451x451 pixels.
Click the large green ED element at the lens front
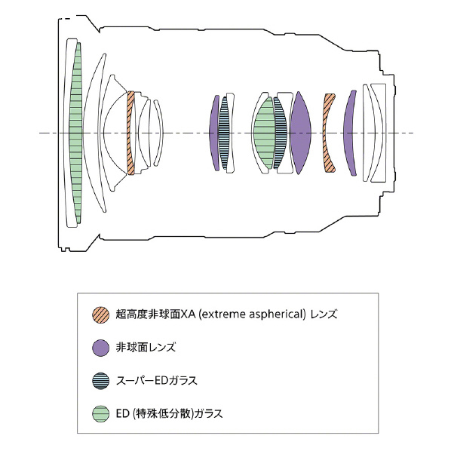click(75, 133)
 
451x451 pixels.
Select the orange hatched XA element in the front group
click(130, 133)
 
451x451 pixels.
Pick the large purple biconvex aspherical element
click(300, 133)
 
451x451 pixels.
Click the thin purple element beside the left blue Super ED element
click(213, 133)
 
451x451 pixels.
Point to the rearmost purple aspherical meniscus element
click(348, 133)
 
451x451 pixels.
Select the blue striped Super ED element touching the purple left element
click(223, 133)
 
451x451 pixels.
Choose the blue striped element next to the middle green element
click(281, 133)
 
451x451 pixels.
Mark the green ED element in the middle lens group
click(264, 133)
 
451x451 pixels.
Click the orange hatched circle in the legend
click(100, 314)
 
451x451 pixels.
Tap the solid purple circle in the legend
click(100, 348)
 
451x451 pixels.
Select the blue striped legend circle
click(100, 381)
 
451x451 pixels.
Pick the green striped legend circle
click(100, 413)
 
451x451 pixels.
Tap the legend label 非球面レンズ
click(146, 348)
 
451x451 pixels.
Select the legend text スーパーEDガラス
click(156, 381)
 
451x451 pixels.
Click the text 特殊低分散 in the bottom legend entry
click(163, 413)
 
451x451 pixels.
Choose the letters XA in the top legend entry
click(188, 314)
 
